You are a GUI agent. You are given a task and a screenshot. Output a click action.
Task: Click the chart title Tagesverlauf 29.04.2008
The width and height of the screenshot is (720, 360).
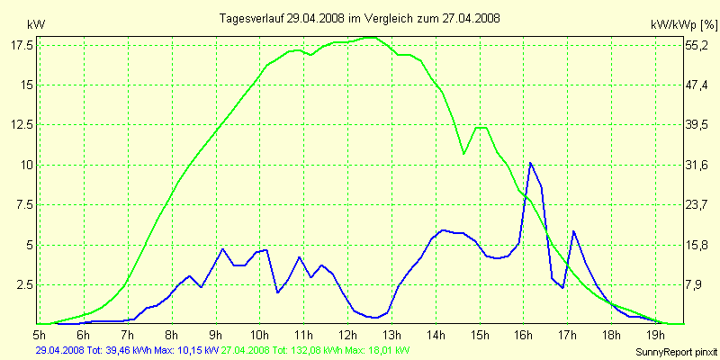point(360,18)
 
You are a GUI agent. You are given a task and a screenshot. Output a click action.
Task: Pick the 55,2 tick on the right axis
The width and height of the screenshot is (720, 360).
point(698,45)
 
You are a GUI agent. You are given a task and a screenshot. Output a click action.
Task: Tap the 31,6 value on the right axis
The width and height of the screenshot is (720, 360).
point(698,165)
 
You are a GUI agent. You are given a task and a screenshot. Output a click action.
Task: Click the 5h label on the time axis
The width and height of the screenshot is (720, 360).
point(40,333)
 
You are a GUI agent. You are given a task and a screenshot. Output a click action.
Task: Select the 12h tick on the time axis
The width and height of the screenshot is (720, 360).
point(348,333)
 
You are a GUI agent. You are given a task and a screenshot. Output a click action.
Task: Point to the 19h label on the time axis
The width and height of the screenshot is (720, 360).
point(656,333)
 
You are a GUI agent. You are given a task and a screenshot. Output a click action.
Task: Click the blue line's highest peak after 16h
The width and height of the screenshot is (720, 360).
point(531,163)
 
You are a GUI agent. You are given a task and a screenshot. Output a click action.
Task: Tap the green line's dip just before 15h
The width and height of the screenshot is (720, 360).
point(464,154)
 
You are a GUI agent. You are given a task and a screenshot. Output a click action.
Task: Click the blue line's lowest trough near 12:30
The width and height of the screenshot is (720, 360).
point(373,317)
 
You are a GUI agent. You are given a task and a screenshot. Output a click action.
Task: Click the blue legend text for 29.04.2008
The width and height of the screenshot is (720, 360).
point(126,350)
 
